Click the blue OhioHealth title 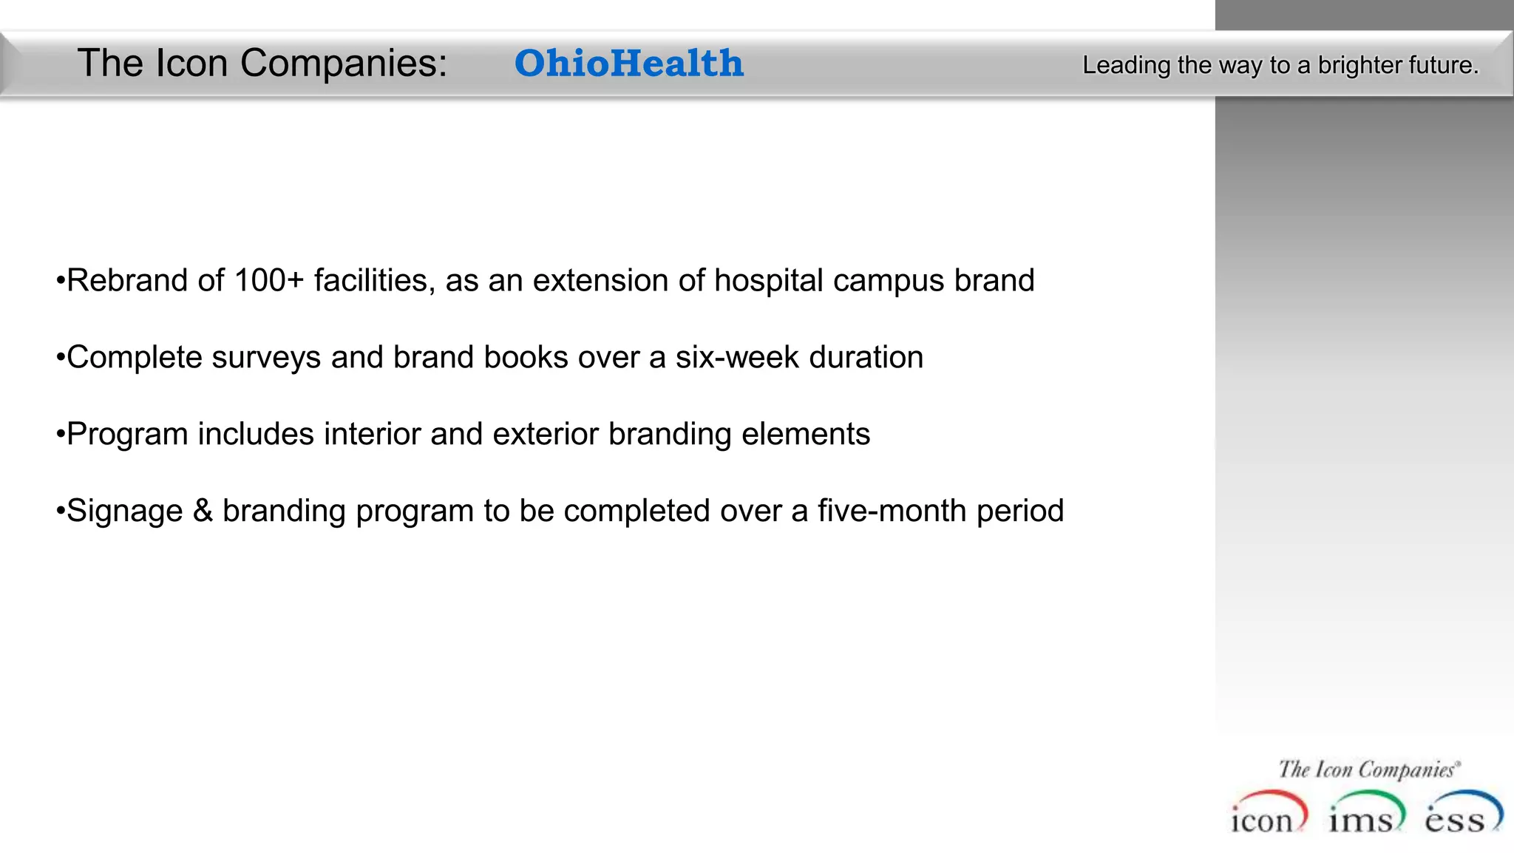(628, 64)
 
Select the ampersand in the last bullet (203, 511)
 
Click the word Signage (124, 512)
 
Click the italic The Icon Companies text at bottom (1368, 769)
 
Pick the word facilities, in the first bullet (374, 281)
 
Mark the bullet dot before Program (61, 435)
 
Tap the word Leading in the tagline (1126, 66)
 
